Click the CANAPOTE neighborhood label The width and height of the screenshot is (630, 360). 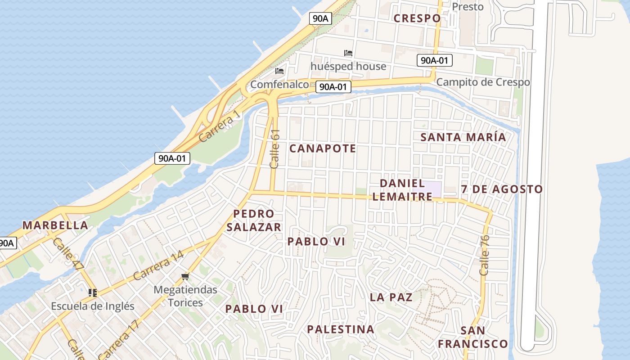click(x=322, y=148)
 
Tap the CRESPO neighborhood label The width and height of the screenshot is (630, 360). click(x=417, y=18)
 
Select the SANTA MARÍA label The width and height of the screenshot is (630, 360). click(x=463, y=137)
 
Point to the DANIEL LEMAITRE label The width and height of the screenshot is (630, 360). click(x=402, y=190)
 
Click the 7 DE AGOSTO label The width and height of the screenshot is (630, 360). click(x=502, y=189)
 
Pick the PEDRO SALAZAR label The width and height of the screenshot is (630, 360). click(x=254, y=220)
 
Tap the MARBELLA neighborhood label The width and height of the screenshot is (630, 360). click(x=55, y=225)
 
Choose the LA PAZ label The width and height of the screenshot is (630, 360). click(x=391, y=297)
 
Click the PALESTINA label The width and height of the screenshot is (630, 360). click(x=341, y=329)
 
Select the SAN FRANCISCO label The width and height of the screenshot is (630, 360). click(x=473, y=337)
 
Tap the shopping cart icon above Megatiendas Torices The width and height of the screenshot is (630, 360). click(x=185, y=276)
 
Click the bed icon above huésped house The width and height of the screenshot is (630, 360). click(x=348, y=53)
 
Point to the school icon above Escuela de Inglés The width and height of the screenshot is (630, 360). click(x=93, y=293)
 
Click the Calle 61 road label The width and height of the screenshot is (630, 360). click(x=275, y=149)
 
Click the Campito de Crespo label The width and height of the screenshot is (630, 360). click(x=483, y=82)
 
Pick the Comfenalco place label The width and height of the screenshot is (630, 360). click(x=279, y=85)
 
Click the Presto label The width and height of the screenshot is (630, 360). click(x=468, y=7)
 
